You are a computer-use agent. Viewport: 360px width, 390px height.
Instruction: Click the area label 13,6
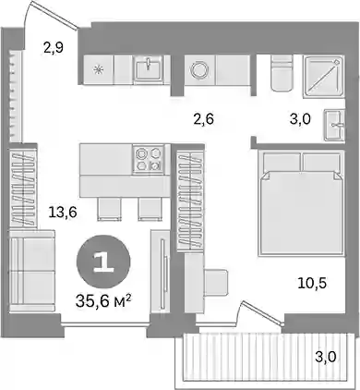(63, 213)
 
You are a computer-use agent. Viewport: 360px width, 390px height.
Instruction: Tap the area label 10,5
(312, 283)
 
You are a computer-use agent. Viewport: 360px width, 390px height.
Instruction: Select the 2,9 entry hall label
(54, 48)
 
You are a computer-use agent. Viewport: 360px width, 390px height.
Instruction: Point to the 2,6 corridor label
(203, 119)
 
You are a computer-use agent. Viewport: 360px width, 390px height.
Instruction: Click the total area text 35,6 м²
(103, 302)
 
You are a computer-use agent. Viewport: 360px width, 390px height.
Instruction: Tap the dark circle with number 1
(103, 262)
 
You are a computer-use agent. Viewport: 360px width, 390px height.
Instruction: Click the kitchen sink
(148, 69)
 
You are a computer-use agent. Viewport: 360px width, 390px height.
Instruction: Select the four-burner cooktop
(150, 159)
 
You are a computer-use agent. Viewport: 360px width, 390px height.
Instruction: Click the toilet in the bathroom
(282, 73)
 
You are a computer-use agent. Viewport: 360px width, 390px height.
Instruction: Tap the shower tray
(323, 77)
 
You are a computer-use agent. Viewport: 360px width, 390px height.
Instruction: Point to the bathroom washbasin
(334, 125)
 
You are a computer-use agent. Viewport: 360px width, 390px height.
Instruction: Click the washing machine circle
(200, 70)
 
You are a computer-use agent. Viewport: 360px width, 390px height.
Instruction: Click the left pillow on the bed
(282, 162)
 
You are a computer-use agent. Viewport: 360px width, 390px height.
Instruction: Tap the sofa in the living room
(32, 271)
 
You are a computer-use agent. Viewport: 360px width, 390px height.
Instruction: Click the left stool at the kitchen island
(109, 209)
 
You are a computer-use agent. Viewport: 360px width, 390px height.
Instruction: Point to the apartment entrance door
(53, 15)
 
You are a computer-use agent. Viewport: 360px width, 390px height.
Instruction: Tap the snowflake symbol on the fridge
(99, 70)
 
